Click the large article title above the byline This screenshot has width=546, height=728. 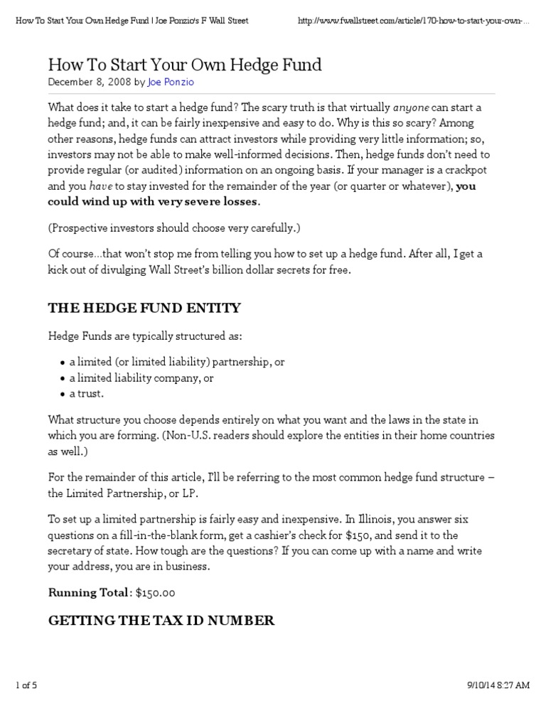tap(185, 65)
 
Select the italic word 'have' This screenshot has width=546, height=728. tap(102, 186)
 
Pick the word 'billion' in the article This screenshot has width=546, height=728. tap(267, 271)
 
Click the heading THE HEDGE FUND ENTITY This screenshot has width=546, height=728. tap(144, 308)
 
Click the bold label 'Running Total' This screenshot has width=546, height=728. tap(88, 593)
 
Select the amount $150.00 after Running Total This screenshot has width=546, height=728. tap(154, 593)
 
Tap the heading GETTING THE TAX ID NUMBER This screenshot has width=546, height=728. tap(161, 621)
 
